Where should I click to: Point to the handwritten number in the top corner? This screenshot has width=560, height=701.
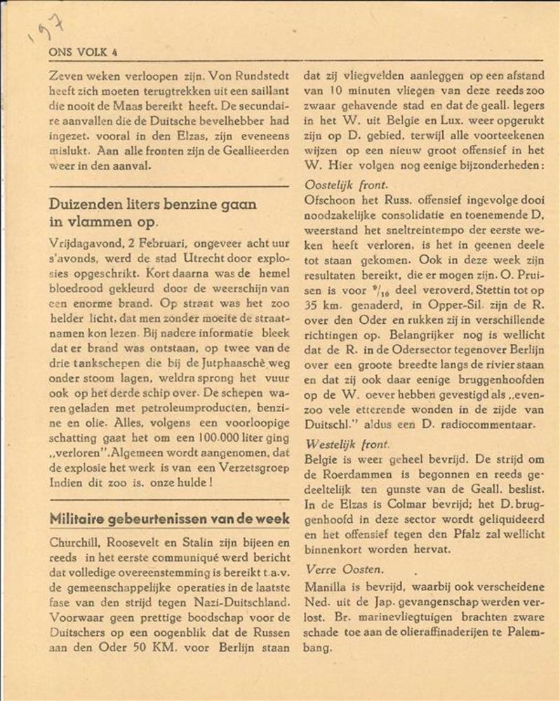[x=44, y=31]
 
